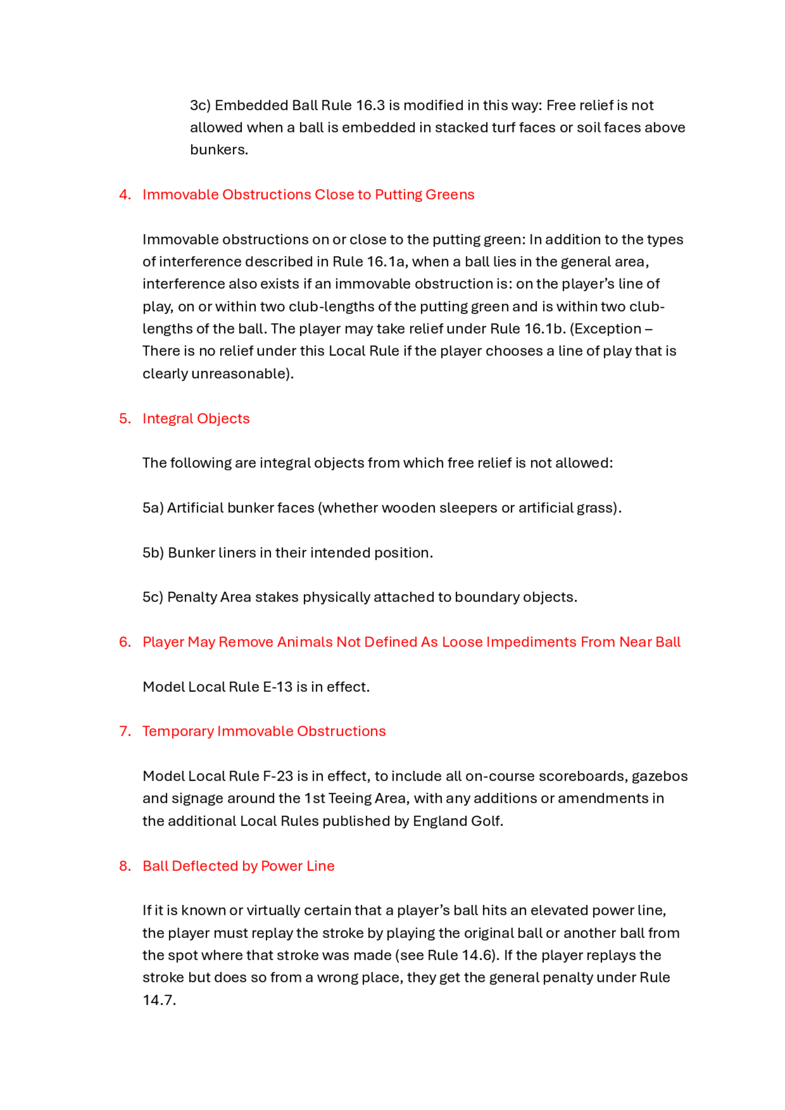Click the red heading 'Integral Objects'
click(x=196, y=418)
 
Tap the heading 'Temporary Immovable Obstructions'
click(x=264, y=731)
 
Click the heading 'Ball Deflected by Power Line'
click(x=239, y=866)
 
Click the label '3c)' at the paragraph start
click(x=200, y=106)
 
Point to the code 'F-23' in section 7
click(x=277, y=776)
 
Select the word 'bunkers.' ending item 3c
click(x=219, y=150)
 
